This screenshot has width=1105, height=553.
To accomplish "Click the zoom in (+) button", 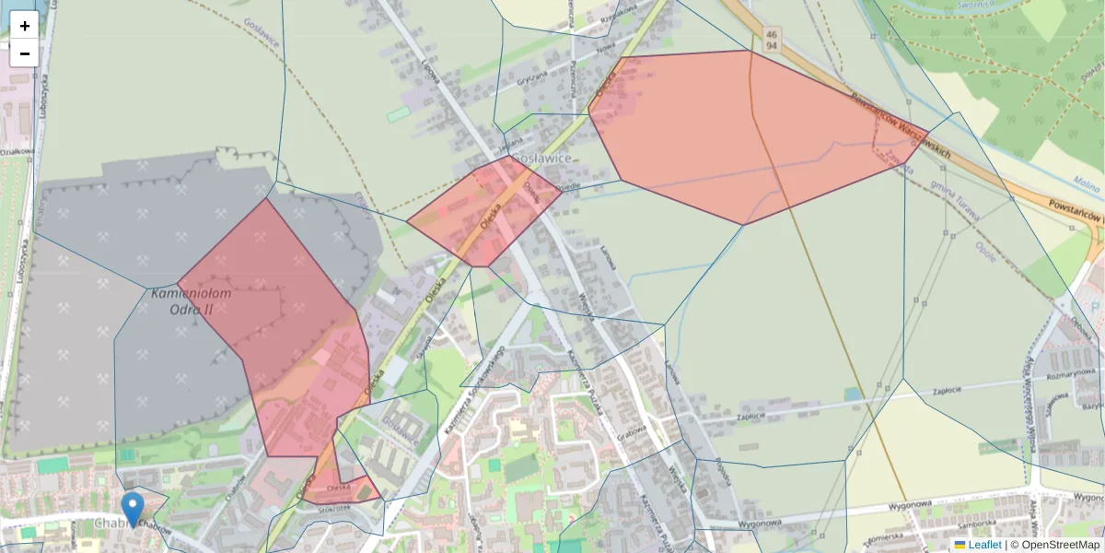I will pos(24,26).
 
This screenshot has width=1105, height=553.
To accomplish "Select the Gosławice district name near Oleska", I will pos(542,159).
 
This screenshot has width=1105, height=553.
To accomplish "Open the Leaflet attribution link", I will pos(984,545).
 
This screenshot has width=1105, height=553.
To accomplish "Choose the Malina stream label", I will pos(1087,183).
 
